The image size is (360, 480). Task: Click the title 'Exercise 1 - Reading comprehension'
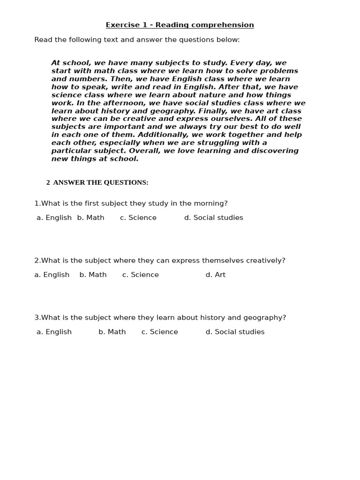[x=180, y=25]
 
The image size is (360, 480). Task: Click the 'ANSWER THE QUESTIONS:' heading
[x=101, y=182]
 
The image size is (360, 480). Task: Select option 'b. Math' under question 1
[x=90, y=217]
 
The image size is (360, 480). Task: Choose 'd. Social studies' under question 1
[x=213, y=217]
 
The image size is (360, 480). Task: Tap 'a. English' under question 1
[x=54, y=217]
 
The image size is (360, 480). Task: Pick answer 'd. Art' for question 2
[x=215, y=275]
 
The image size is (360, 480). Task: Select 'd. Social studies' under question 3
[x=235, y=332]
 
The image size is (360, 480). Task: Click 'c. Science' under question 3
[x=159, y=332]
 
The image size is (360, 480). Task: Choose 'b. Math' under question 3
[x=112, y=332]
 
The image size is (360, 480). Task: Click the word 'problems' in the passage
[x=279, y=71]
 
